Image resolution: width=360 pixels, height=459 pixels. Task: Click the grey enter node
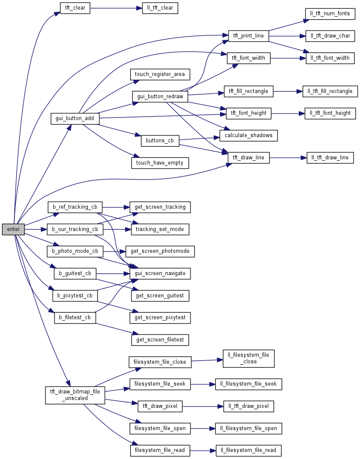tap(13, 229)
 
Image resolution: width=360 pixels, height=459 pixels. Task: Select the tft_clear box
tap(75, 8)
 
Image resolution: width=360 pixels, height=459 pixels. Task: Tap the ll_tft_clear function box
tap(160, 8)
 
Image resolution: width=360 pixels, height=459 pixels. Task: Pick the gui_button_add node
tap(75, 118)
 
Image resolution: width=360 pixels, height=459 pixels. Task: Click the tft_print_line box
tap(248, 36)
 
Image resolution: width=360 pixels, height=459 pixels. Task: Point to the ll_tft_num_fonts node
tap(330, 14)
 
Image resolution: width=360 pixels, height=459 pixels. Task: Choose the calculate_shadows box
tap(249, 135)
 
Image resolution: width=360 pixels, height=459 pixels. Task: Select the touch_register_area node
tap(159, 74)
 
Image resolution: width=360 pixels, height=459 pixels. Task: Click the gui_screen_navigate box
tap(160, 273)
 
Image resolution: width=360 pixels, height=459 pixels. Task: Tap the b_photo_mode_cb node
tap(75, 252)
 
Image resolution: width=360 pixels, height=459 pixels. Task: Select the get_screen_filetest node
tap(160, 339)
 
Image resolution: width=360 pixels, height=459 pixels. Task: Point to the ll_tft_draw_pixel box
tap(249, 406)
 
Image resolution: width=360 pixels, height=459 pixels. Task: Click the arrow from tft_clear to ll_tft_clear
tap(116, 8)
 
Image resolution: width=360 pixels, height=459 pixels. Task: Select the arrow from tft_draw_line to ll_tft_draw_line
tap(288, 158)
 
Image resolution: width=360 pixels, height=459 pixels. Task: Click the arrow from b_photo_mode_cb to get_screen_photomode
tap(114, 252)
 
